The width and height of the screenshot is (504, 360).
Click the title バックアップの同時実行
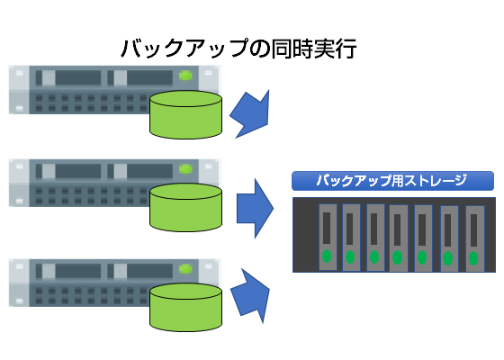pyautogui.click(x=238, y=49)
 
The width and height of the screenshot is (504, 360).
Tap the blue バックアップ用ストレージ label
pyautogui.click(x=392, y=181)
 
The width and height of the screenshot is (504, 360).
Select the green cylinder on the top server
pyautogui.click(x=185, y=115)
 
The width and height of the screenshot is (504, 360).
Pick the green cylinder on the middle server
pyautogui.click(x=185, y=207)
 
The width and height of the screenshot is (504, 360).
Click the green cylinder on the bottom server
pyautogui.click(x=185, y=307)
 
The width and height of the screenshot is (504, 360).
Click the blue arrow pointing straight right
pyautogui.click(x=255, y=208)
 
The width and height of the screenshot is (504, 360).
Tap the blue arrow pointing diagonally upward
pyautogui.click(x=251, y=296)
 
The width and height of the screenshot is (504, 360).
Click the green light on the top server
pyautogui.click(x=185, y=76)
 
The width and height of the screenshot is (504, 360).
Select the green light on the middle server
pyautogui.click(x=185, y=169)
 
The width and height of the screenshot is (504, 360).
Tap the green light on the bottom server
pyautogui.click(x=185, y=269)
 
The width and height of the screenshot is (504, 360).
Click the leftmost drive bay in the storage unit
pyautogui.click(x=328, y=237)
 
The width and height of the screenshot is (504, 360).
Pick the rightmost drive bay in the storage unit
pyautogui.click(x=475, y=238)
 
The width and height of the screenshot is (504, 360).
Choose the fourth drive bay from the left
pyautogui.click(x=399, y=238)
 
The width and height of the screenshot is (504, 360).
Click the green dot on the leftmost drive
pyautogui.click(x=327, y=256)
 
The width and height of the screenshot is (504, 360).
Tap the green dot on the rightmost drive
pyautogui.click(x=473, y=258)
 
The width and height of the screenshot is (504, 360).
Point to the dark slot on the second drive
pyautogui.click(x=349, y=229)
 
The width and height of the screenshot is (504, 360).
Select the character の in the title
pyautogui.click(x=259, y=49)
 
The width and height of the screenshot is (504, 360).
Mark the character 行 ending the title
pyautogui.click(x=346, y=49)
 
